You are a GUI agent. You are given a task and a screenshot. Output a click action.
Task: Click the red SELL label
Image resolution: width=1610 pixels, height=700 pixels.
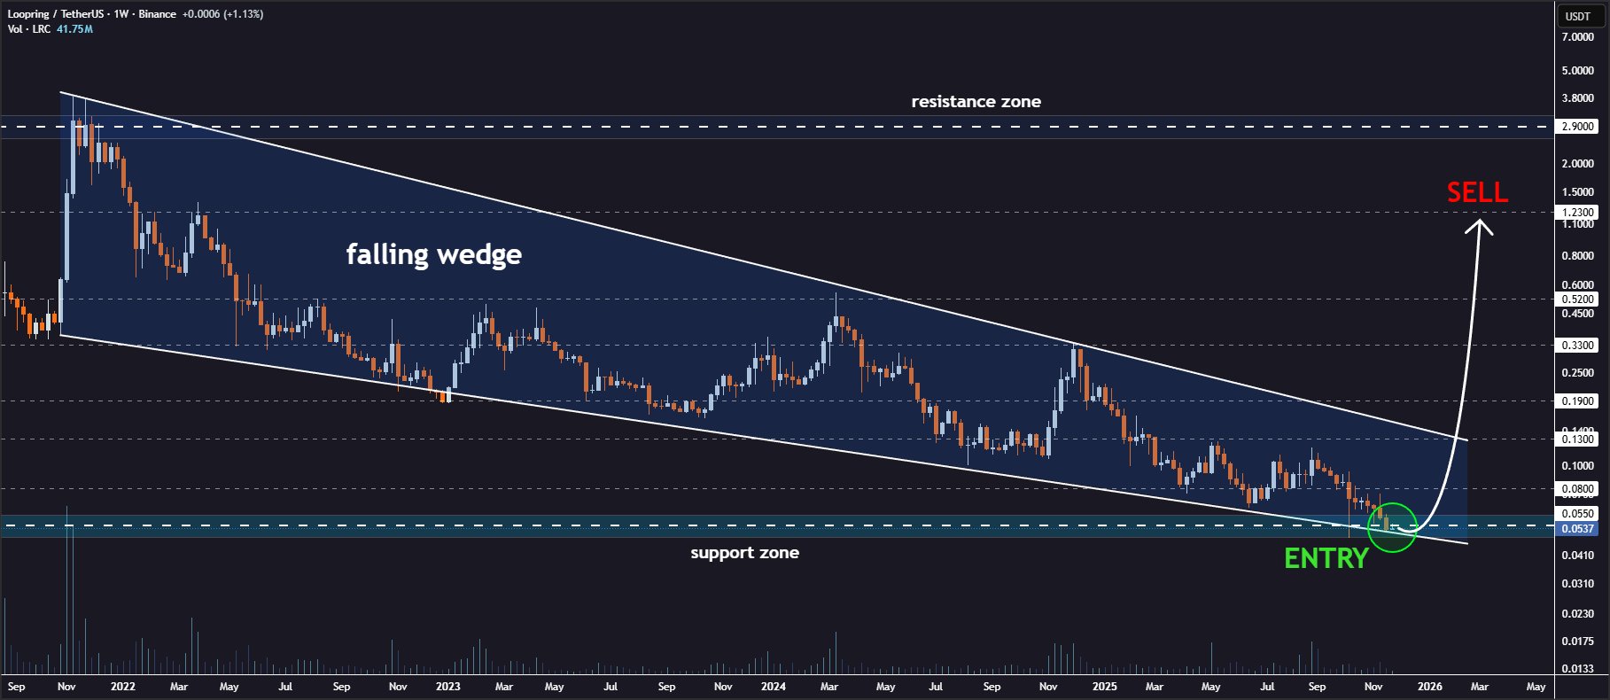click(1477, 192)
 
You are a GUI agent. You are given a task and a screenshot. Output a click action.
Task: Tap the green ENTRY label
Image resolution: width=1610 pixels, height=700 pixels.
click(1326, 558)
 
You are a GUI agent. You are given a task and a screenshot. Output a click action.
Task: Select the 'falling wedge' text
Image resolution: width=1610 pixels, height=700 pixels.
click(433, 255)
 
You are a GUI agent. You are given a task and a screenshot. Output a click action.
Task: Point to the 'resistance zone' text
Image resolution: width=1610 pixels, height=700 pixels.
click(976, 102)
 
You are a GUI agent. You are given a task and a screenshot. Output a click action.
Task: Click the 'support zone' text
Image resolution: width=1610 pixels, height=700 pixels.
click(744, 553)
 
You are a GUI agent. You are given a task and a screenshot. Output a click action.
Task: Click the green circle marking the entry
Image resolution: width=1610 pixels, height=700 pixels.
click(1393, 526)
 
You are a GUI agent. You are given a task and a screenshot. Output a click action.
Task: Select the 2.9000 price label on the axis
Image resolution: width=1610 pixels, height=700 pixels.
click(1577, 127)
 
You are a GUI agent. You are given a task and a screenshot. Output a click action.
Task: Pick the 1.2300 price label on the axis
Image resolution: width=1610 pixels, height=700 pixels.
click(1577, 213)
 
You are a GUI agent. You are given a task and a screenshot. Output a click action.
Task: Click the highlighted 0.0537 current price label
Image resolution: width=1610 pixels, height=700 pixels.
click(1577, 529)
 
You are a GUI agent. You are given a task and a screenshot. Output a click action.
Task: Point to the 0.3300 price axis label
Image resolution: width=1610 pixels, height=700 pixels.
click(1577, 346)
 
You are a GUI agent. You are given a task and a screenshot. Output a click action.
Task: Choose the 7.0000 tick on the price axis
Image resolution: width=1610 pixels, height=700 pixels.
click(1577, 37)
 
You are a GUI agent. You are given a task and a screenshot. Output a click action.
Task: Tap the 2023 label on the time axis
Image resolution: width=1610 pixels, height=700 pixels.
click(448, 687)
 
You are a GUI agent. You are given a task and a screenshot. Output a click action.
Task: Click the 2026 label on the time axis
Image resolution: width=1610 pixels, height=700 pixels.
click(1429, 687)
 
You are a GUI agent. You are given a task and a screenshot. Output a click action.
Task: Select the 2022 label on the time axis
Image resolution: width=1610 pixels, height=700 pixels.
click(123, 687)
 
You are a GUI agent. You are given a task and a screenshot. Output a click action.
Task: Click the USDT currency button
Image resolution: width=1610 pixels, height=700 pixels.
click(1577, 16)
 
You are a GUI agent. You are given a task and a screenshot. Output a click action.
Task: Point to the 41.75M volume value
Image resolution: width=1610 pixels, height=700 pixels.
click(74, 29)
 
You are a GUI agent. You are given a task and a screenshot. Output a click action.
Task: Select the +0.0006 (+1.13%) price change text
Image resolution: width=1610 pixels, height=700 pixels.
click(222, 14)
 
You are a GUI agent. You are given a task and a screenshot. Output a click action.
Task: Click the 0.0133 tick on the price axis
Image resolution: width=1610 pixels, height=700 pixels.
click(1577, 669)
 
